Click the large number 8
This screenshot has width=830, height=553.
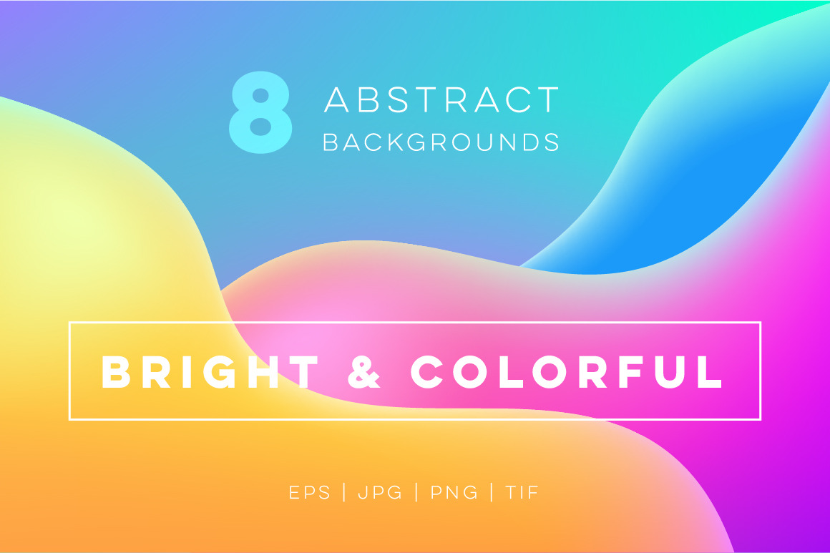[260, 112]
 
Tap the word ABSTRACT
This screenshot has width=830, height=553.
[441, 99]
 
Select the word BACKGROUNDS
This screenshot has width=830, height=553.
[441, 142]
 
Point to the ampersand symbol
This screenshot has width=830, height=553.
[364, 372]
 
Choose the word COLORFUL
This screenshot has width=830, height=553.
[567, 372]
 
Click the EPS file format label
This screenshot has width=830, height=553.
[310, 493]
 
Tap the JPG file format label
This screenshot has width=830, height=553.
[380, 493]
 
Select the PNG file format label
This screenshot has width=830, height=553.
[454, 493]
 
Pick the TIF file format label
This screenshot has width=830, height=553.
[522, 493]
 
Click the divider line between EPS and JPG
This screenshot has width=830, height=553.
[345, 492]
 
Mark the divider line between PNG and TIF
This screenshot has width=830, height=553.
[492, 492]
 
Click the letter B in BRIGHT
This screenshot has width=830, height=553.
[116, 372]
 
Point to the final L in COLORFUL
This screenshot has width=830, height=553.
[710, 372]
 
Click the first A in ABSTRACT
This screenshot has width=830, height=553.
[336, 99]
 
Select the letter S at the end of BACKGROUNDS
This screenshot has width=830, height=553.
[552, 142]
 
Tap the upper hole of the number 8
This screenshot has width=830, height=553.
[260, 96]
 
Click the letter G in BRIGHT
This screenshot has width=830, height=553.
[220, 372]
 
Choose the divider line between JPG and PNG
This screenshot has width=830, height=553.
[416, 492]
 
